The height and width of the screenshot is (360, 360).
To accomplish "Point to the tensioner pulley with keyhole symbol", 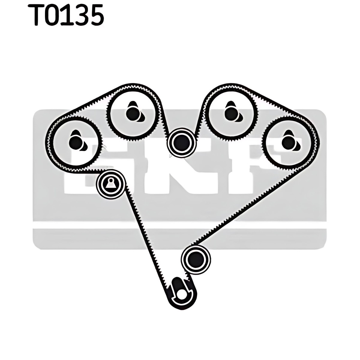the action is [x=111, y=184].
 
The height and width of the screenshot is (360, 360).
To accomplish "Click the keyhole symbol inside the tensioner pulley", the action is [x=111, y=184].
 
